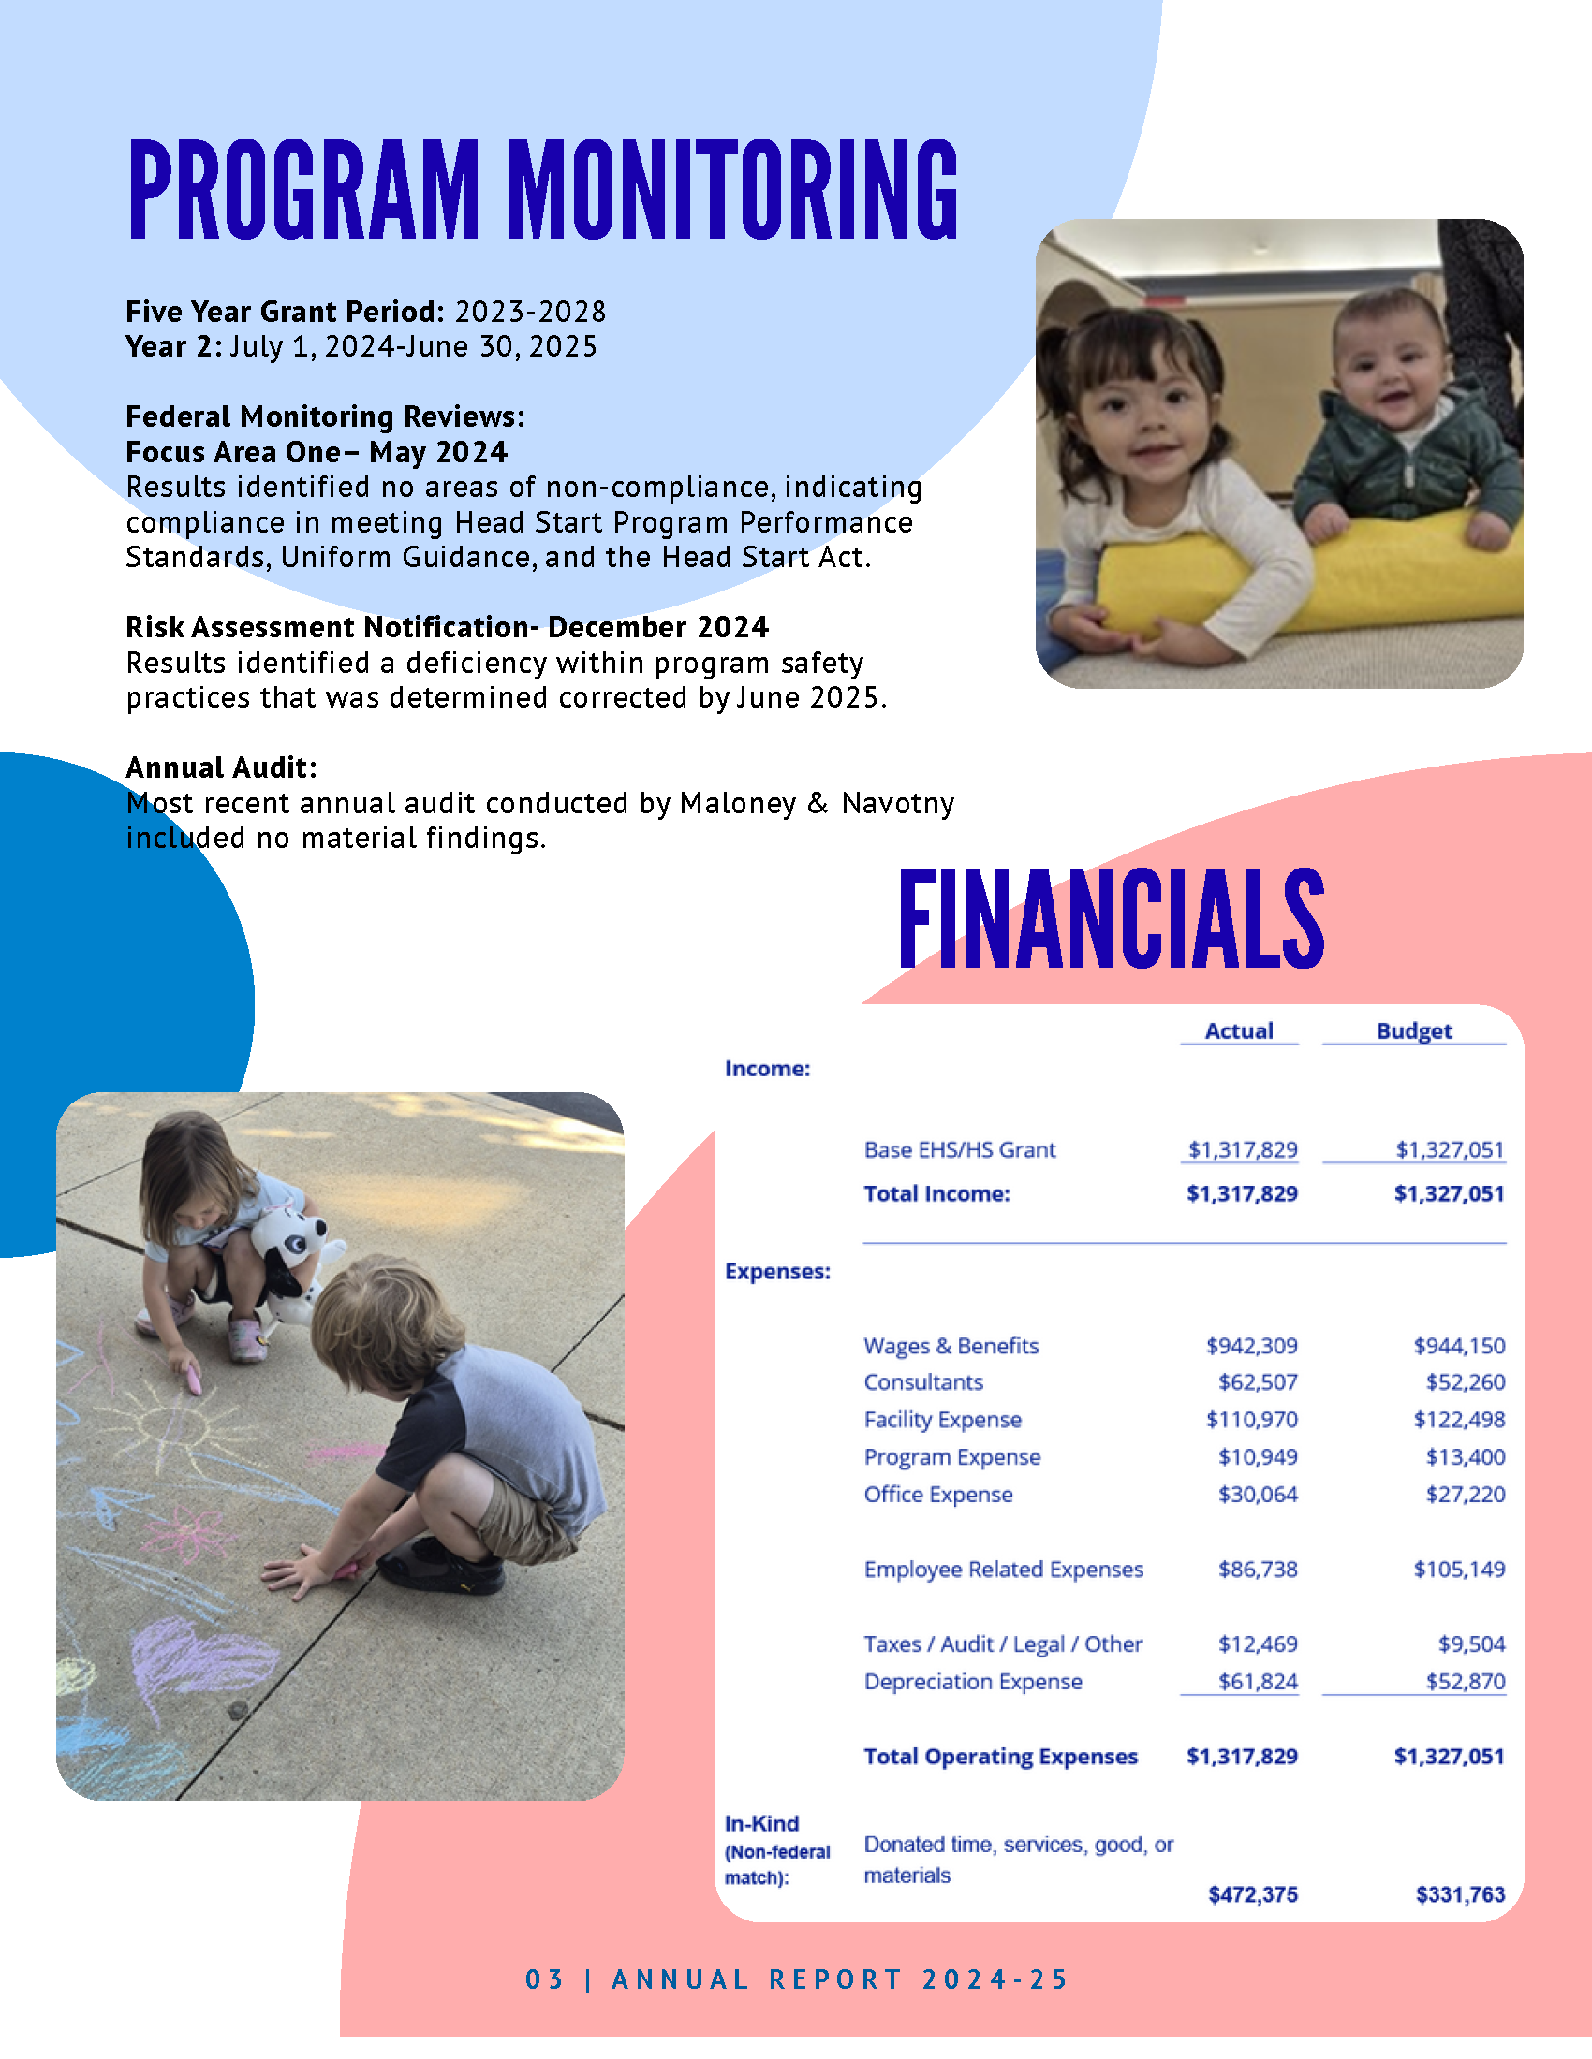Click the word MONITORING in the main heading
733,188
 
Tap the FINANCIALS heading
1111,918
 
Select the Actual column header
1238,1030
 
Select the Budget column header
1413,1030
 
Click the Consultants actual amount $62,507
1257,1382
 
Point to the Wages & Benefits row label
951,1345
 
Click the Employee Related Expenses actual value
1257,1569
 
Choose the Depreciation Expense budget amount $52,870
1465,1681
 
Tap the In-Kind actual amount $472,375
1252,1894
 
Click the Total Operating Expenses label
1001,1757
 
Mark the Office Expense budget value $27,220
1465,1495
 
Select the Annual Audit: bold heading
222,767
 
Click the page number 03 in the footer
544,1979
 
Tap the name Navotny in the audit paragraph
898,803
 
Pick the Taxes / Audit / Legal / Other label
1003,1644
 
